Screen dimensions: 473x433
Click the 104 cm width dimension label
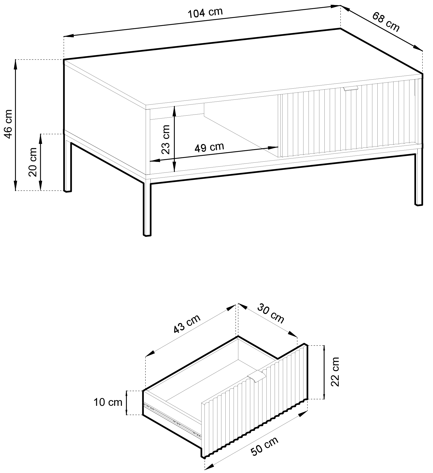pyautogui.click(x=205, y=13)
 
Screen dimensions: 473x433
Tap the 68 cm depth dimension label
pyautogui.click(x=386, y=22)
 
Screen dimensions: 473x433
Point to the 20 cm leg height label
pyautogui.click(x=33, y=162)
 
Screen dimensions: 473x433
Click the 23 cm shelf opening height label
pyautogui.click(x=166, y=139)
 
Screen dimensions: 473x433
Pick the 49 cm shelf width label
pyautogui.click(x=209, y=147)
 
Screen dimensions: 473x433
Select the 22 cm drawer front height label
pyautogui.click(x=335, y=372)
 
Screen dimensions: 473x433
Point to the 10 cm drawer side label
pyautogui.click(x=108, y=402)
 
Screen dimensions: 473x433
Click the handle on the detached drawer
pyautogui.click(x=256, y=378)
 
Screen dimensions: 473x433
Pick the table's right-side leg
pyautogui.click(x=418, y=180)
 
